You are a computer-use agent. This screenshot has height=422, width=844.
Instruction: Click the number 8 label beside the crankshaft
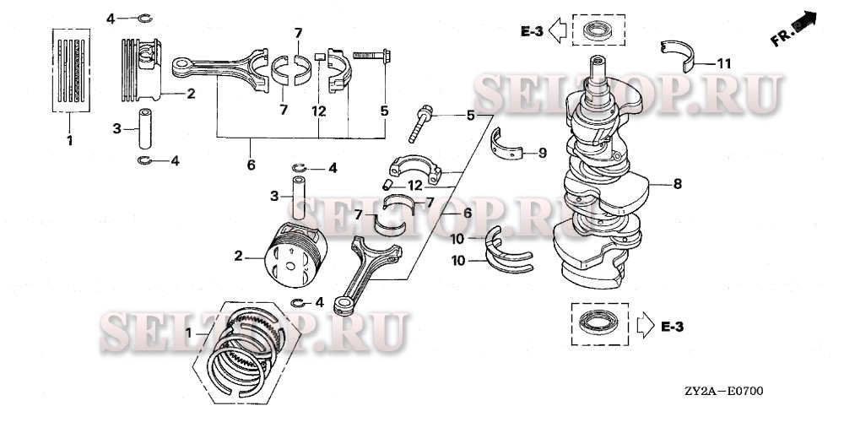[x=677, y=184]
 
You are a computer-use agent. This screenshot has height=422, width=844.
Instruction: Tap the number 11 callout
[x=724, y=63]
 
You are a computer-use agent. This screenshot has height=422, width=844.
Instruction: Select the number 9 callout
[x=543, y=154]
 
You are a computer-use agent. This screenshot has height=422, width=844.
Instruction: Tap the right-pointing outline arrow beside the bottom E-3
[x=645, y=326]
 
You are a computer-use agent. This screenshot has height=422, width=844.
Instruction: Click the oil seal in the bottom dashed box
[x=598, y=323]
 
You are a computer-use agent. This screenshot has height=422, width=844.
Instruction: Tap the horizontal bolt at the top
[x=371, y=55]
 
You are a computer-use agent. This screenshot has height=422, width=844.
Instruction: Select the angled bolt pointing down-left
[x=419, y=124]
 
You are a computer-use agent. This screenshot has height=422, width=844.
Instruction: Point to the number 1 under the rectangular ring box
[x=69, y=141]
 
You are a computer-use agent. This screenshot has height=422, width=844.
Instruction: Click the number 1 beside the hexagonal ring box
[x=189, y=333]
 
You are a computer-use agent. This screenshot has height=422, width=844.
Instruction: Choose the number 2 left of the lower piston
[x=238, y=257]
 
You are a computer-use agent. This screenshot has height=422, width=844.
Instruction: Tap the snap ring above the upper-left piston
[x=144, y=19]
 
